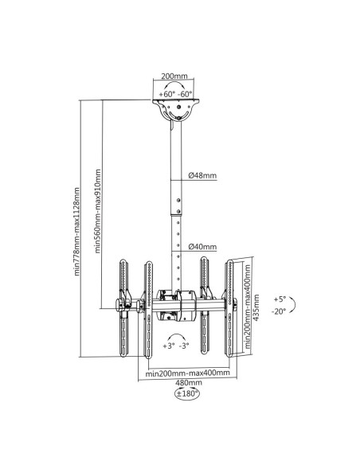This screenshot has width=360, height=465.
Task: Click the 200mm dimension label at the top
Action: (x=174, y=76)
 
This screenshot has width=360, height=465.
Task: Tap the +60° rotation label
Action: (x=166, y=94)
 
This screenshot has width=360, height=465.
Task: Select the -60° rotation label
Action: (x=185, y=94)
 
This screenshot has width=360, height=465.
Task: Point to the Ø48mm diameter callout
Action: (x=202, y=175)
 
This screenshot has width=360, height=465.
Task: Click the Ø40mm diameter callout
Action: (x=202, y=247)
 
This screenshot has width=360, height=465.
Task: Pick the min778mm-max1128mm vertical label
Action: (x=76, y=232)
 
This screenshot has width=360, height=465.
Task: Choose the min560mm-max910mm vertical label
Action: (x=97, y=211)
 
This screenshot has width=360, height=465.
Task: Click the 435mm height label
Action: (x=256, y=307)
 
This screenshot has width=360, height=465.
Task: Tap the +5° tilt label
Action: (x=280, y=299)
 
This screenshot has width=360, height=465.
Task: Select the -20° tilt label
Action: (x=279, y=311)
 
